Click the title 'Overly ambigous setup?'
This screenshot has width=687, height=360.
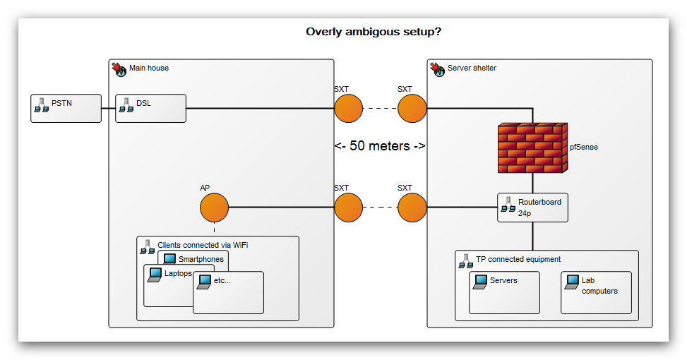point(378,32)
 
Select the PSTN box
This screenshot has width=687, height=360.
point(66,108)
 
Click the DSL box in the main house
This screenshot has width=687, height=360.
point(150,108)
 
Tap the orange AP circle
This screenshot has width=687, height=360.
point(214,208)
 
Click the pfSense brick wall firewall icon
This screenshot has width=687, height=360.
point(532,148)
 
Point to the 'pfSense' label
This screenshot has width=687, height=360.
point(584,148)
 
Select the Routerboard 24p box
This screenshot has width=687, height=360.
point(532,208)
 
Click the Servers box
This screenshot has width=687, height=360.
point(504,292)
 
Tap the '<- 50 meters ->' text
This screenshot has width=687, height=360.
point(380,146)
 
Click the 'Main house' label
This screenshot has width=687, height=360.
point(148,68)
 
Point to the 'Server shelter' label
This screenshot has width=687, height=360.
point(472,68)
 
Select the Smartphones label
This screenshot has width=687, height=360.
point(201,259)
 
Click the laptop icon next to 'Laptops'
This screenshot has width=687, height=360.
point(154,274)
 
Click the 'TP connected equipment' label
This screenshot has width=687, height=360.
point(518,259)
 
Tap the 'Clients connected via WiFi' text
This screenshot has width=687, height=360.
point(203,245)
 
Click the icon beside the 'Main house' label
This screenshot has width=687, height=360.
point(119,68)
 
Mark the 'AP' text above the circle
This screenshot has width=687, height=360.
point(205,188)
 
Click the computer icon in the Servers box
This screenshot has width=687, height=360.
point(480,282)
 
